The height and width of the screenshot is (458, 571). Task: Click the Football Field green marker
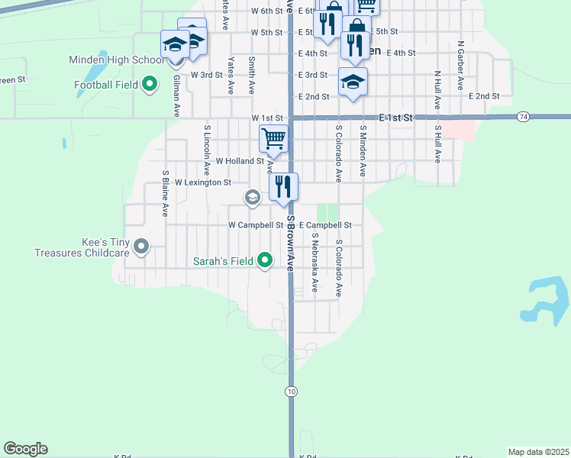pos(150,84)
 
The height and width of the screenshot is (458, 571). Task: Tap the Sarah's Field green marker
pos(265,261)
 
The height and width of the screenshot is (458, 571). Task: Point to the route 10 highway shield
pos(291,391)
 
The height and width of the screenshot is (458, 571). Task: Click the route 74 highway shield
pos(523,116)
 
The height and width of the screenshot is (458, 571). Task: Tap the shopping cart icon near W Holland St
pos(273,139)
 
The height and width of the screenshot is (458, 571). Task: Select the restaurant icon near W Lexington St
pos(283,186)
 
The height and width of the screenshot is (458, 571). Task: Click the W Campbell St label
pos(256,225)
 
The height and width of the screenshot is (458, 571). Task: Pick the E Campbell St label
pos(324,225)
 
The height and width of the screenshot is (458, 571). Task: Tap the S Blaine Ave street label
pos(164,194)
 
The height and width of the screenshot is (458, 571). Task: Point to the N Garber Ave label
pos(460,66)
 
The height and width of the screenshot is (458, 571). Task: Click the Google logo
pos(25,449)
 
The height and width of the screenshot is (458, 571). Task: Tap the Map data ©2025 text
pos(538,452)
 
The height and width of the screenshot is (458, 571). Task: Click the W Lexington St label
pos(202,183)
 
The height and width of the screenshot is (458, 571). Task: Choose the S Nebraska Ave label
pos(314,263)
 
